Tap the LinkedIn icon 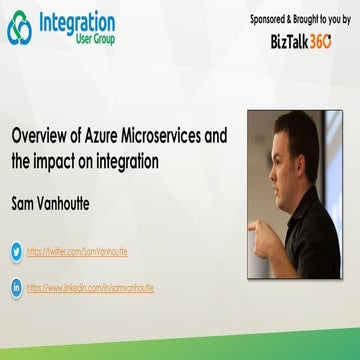click(17, 287)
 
